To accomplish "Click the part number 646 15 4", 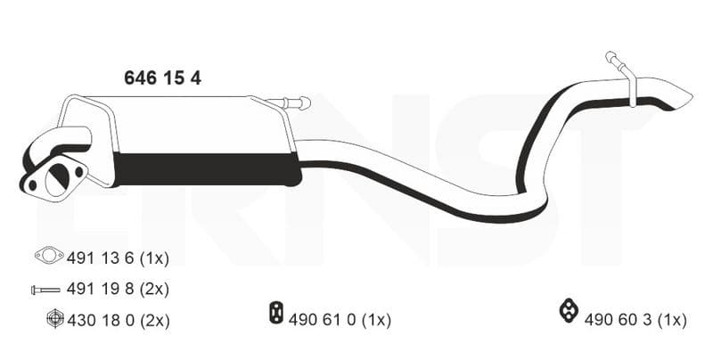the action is coord(162,78).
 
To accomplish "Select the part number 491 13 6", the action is coord(100,258).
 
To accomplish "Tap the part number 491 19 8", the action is coord(100,289).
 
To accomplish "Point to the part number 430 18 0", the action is coord(101,321).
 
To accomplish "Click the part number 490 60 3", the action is coord(618,320).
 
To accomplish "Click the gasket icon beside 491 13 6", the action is coord(49,255).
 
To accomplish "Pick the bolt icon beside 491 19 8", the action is coord(45,290).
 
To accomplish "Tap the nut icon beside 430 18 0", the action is coord(54,319).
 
